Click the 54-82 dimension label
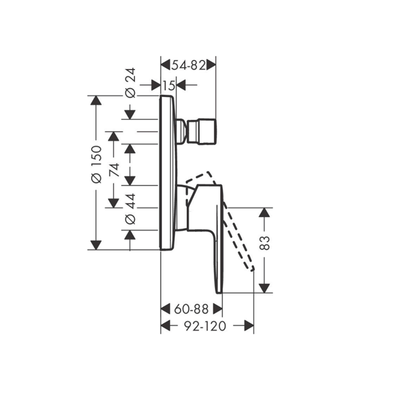pos(188,65)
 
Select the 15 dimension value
pos(169,86)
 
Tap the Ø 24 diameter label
pos(131,83)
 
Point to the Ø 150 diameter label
pos(97,164)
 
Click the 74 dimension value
pos(115,170)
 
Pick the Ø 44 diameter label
pos(131,209)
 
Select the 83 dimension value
pos(265,243)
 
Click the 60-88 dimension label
pos(191,309)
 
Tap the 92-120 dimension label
pos(205,326)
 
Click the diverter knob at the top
pos(202,131)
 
